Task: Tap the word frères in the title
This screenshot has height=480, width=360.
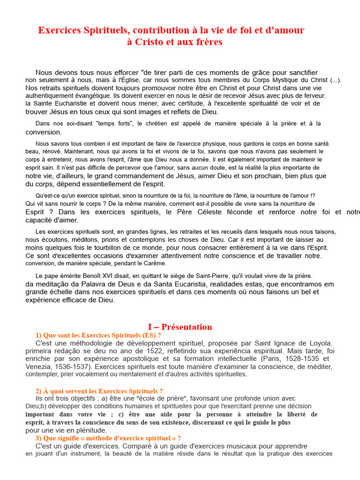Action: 208,42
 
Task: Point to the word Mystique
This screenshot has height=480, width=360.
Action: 283,80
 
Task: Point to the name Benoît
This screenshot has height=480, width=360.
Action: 87,276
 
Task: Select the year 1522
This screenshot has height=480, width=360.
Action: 138,351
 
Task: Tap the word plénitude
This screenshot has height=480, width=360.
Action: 90,430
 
